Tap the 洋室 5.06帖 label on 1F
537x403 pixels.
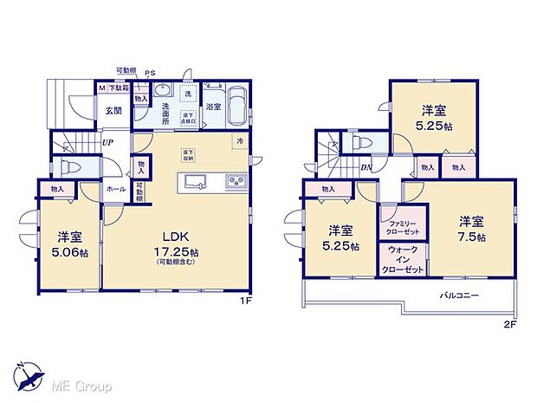pyautogui.click(x=69, y=244)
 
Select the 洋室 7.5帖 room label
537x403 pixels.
pyautogui.click(x=471, y=228)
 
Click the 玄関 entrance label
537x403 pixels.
pyautogui.click(x=113, y=110)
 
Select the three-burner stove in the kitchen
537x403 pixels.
pyautogui.click(x=235, y=181)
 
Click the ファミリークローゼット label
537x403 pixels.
pyautogui.click(x=403, y=227)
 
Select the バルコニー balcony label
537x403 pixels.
pyautogui.click(x=458, y=295)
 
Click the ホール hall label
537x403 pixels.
pyautogui.click(x=114, y=188)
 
